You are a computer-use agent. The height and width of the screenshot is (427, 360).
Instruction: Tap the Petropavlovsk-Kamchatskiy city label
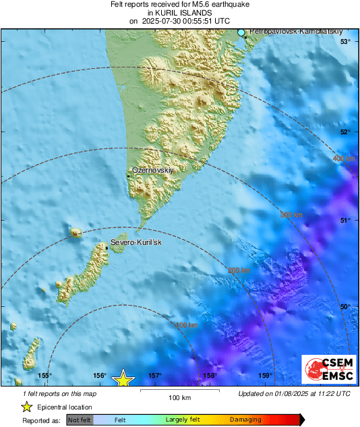click(292, 32)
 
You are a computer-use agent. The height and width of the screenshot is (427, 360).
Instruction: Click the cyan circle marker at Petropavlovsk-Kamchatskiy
click(241, 32)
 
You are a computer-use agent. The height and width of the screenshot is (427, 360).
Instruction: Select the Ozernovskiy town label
click(152, 171)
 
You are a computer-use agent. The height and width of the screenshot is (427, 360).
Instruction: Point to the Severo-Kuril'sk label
click(136, 243)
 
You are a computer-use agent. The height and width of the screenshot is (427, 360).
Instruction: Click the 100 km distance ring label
click(186, 325)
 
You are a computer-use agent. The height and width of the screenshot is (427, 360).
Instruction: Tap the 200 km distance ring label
click(239, 271)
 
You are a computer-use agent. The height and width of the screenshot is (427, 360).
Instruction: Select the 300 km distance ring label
click(291, 215)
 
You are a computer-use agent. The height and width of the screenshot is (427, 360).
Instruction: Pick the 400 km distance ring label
click(343, 159)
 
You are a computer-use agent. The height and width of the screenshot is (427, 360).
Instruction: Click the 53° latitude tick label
click(345, 42)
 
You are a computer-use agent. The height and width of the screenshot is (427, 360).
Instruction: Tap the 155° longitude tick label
click(44, 376)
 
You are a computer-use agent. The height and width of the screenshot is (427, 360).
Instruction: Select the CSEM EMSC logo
click(328, 369)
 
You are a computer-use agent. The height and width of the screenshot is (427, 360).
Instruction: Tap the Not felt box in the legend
click(80, 420)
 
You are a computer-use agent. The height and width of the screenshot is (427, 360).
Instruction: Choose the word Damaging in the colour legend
click(245, 420)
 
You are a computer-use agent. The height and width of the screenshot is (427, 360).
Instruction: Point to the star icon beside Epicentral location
click(27, 407)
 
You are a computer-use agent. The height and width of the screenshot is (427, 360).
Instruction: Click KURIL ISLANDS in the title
click(179, 12)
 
